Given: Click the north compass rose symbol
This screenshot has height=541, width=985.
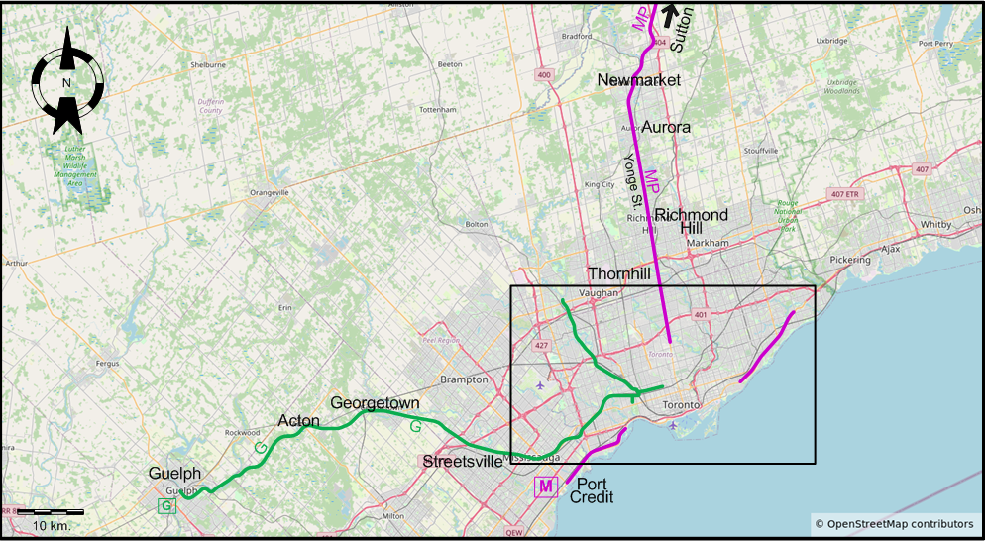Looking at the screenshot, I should [x=66, y=81].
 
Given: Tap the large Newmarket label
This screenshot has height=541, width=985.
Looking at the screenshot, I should [x=638, y=80].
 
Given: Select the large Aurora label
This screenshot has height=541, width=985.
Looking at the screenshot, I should [x=666, y=127].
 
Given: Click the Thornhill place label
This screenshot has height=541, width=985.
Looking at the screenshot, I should [x=620, y=273].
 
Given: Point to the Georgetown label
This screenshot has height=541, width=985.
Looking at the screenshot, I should [x=375, y=403].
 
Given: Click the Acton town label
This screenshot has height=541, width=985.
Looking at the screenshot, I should [x=298, y=421].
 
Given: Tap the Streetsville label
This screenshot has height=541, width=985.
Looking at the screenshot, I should [x=463, y=462].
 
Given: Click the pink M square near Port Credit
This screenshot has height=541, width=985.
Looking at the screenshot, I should [x=545, y=487].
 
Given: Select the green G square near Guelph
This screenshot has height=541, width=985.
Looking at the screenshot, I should [x=166, y=507].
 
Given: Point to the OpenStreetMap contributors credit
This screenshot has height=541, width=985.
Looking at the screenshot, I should [x=893, y=523].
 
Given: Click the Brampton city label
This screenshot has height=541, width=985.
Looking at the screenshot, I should [x=465, y=379].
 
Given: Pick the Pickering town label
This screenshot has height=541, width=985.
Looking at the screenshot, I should [x=848, y=260].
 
